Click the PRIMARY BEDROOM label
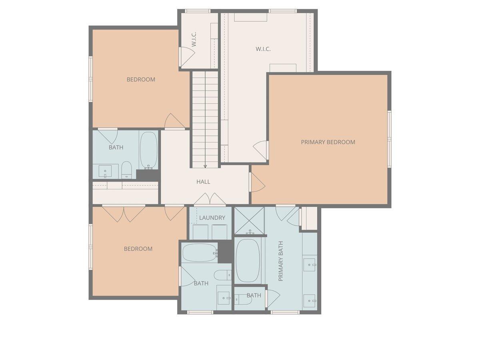tap(328, 142)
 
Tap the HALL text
tap(203, 182)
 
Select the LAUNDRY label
tap(212, 218)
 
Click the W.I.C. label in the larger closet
tap(263, 49)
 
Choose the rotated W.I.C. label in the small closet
tap(194, 40)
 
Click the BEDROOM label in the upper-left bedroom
tap(141, 79)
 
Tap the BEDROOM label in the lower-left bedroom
tap(138, 249)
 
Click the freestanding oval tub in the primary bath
tap(248, 260)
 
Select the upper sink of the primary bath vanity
tap(309, 264)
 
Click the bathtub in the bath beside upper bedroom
tap(148, 150)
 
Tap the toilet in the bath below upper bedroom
tap(126, 170)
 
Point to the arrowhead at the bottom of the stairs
tap(205, 166)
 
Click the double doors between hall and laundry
tap(210, 200)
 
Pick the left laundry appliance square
tap(201, 232)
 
